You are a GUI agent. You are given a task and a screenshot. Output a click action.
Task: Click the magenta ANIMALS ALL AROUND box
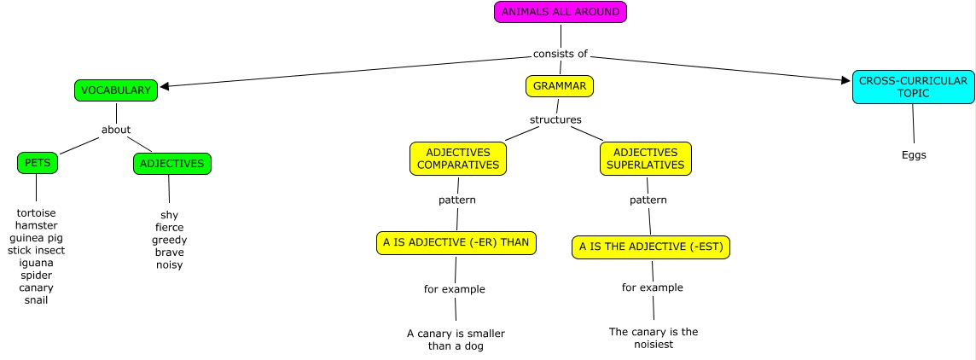(x=561, y=12)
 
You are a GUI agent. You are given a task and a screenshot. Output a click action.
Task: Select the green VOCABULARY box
(x=115, y=90)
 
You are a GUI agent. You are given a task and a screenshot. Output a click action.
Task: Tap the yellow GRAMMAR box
(x=560, y=86)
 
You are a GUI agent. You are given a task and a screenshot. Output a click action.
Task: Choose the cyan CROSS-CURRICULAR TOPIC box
(x=913, y=87)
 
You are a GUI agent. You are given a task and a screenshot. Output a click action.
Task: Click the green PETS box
(x=37, y=163)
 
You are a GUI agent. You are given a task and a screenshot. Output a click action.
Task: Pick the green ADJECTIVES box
(x=171, y=164)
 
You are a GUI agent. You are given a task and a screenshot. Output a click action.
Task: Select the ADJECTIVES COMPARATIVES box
(x=458, y=159)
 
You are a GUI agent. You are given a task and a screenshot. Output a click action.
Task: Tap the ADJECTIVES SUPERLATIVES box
(x=646, y=159)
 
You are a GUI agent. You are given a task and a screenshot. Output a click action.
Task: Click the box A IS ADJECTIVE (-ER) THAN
(x=456, y=242)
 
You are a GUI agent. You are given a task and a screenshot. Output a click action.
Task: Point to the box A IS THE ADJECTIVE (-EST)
(x=651, y=247)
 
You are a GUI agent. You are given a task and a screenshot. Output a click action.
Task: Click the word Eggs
(x=914, y=155)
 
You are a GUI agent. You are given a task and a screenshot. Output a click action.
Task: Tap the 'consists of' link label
(x=561, y=54)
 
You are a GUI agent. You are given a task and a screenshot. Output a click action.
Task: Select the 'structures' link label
(x=555, y=119)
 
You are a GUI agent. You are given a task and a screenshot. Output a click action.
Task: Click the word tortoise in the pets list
(x=37, y=212)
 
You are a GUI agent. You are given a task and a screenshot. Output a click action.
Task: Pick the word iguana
(x=36, y=263)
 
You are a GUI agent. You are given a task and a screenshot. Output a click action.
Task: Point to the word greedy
(x=170, y=240)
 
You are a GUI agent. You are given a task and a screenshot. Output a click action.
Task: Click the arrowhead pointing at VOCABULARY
(x=165, y=85)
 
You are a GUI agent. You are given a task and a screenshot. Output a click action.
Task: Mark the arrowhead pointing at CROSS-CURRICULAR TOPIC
(x=845, y=80)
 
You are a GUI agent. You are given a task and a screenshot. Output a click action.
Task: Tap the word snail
(x=37, y=300)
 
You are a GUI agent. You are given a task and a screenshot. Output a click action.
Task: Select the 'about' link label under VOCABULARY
(x=116, y=130)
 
